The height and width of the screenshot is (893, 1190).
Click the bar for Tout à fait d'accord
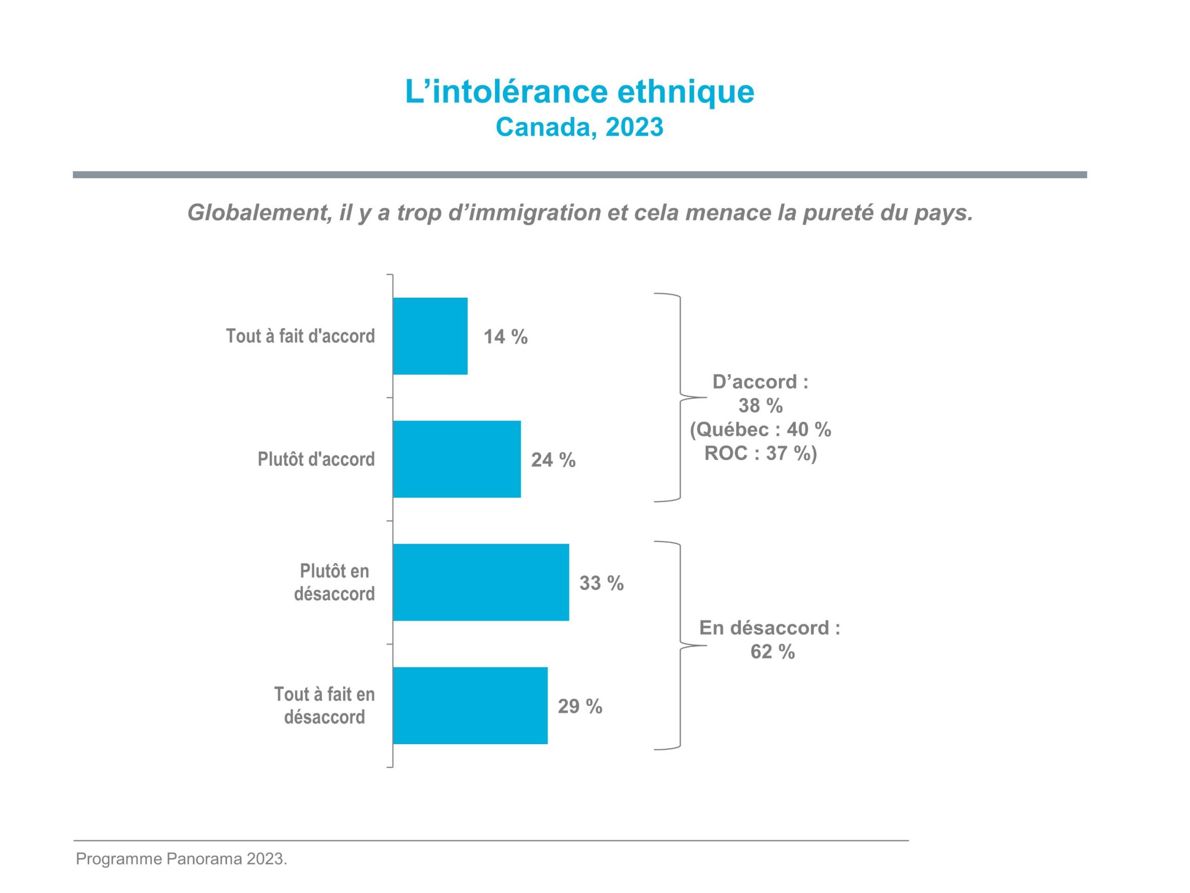pos(430,336)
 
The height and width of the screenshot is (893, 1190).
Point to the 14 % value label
pos(505,337)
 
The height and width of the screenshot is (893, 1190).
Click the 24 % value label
pos(553,460)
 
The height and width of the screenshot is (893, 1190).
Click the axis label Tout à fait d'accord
pos(300,336)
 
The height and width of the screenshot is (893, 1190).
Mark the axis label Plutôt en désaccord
pos(334,582)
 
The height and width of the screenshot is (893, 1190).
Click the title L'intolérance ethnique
pos(579,91)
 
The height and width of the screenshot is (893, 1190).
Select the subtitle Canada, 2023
pos(579,127)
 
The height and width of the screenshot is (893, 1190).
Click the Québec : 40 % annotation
pos(760,430)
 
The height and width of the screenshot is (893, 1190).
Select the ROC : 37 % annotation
pos(760,453)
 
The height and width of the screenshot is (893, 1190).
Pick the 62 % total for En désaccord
pos(772,652)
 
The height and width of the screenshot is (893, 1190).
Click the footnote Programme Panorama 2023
pos(181,859)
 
